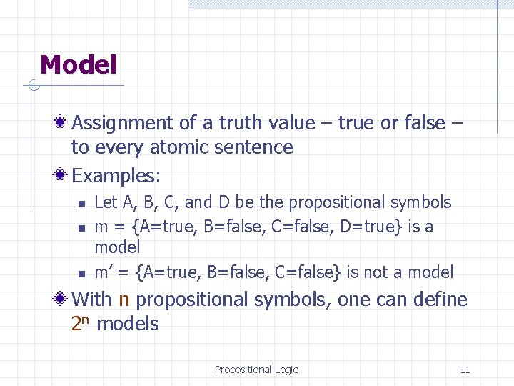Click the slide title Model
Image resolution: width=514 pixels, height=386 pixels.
tap(78, 65)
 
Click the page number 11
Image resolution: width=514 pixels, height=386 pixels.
tap(465, 370)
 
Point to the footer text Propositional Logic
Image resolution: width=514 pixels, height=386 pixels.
tap(256, 370)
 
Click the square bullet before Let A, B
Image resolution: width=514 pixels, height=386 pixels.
tap(81, 204)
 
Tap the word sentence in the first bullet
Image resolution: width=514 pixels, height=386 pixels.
tap(261, 147)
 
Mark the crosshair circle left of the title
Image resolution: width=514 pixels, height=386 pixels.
tap(32, 87)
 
